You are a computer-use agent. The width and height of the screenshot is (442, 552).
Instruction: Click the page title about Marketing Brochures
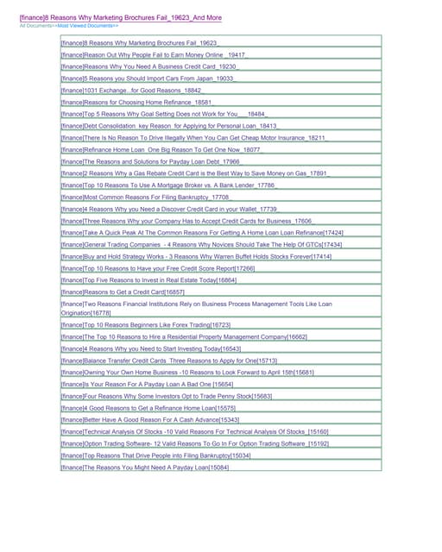[120, 16]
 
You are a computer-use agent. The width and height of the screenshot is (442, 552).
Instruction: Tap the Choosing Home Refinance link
[139, 102]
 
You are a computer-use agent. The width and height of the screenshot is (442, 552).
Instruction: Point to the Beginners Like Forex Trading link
[146, 324]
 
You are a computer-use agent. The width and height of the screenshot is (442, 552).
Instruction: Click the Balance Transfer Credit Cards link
[169, 360]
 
